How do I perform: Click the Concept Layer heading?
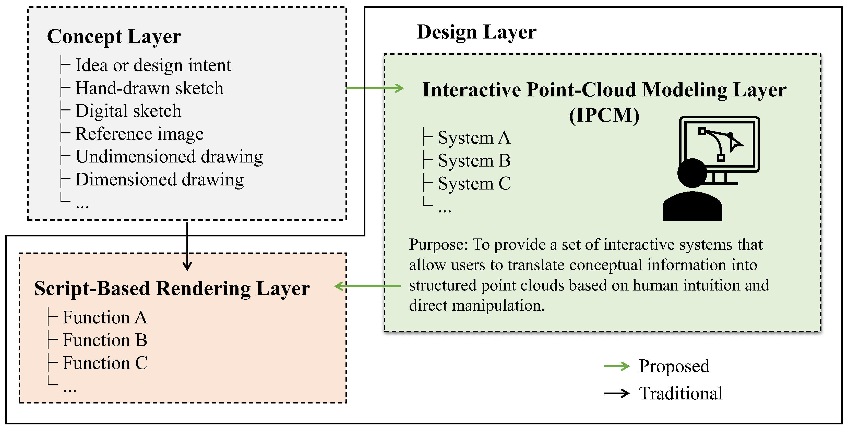114,36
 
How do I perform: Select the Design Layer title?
476,32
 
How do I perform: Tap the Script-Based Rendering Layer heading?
172,289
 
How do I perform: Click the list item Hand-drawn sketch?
149,88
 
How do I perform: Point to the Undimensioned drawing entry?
169,157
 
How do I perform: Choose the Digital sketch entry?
128,111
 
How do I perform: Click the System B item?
474,161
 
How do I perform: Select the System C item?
474,183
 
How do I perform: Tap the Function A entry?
105,318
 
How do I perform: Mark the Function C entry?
105,363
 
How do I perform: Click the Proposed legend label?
674,366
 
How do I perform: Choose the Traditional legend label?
680,394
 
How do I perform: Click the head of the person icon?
692,173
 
